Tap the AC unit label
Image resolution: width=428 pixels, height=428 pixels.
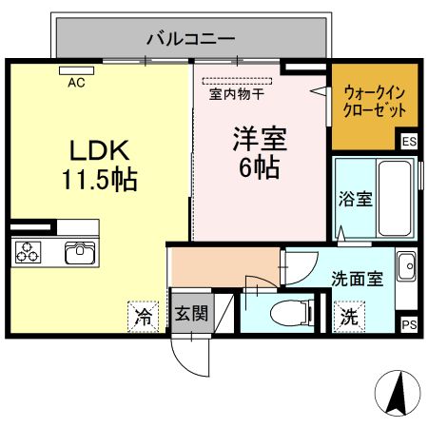coord(76,82)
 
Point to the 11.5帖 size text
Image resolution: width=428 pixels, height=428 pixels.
coord(98,179)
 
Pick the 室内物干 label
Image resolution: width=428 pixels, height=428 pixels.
coord(237,94)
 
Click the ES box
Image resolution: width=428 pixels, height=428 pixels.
coord(408,143)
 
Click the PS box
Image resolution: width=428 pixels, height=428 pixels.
coord(408,324)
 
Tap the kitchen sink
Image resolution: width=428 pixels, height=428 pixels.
coord(79,253)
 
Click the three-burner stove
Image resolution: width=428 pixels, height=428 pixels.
coord(29,253)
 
